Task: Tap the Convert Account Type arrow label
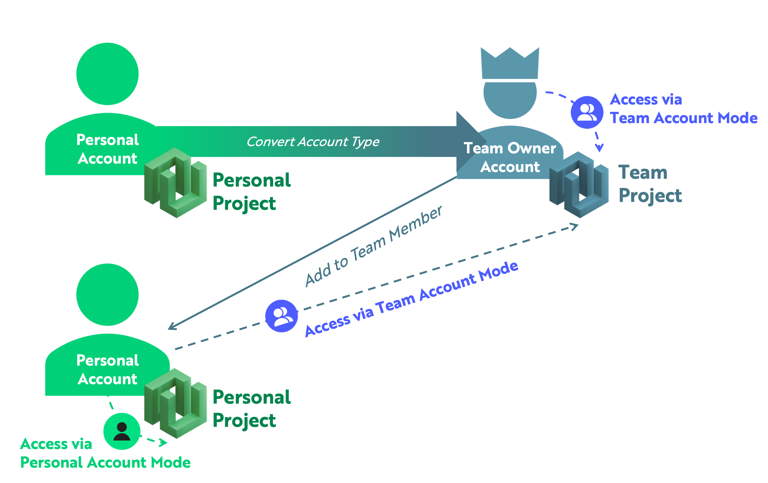tap(313, 141)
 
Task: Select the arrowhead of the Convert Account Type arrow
tap(471, 141)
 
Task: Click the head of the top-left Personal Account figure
tap(108, 74)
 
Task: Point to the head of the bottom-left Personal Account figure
tap(108, 294)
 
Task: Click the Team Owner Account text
tap(510, 157)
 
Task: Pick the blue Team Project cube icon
tap(579, 185)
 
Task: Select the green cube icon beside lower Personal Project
tap(175, 403)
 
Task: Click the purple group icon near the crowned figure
tap(587, 112)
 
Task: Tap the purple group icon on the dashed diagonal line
tap(281, 316)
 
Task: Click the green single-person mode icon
tap(122, 431)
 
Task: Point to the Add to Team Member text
tap(373, 247)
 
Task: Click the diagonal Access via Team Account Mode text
tap(412, 299)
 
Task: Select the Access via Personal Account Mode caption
tap(105, 453)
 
